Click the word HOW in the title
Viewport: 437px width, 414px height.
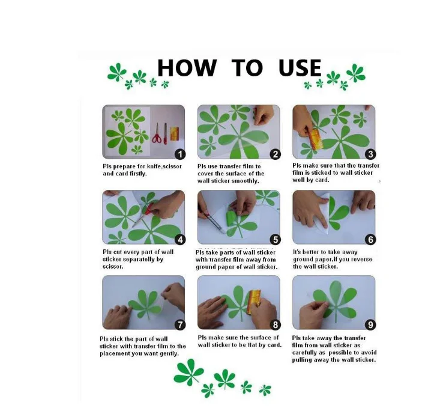187,68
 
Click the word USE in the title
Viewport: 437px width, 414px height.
300,68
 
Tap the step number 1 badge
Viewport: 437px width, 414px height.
180,154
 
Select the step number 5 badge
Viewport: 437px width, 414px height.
276,240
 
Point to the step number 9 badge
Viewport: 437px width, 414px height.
370,324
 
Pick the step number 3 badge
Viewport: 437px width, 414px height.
370,154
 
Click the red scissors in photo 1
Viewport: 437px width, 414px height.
157,133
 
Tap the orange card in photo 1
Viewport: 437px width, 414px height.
174,133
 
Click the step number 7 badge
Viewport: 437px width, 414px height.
180,324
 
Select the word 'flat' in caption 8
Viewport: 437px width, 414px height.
253,345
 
